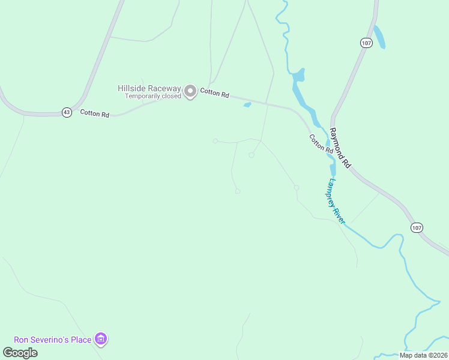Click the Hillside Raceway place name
pyautogui.click(x=149, y=88)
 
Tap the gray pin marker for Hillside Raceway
pyautogui.click(x=190, y=92)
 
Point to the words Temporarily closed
pyautogui.click(x=152, y=96)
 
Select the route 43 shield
pyautogui.click(x=66, y=112)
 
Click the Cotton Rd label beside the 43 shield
pyautogui.click(x=94, y=113)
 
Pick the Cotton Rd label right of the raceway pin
pyautogui.click(x=215, y=93)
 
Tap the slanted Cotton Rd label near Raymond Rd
pyautogui.click(x=321, y=146)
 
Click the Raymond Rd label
pyautogui.click(x=340, y=148)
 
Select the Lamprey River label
pyautogui.click(x=336, y=202)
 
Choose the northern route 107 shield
pyautogui.click(x=366, y=43)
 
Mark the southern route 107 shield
pyautogui.click(x=417, y=227)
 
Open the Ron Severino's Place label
pyautogui.click(x=53, y=340)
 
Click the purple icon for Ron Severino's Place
pyautogui.click(x=101, y=340)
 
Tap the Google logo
pyautogui.click(x=20, y=352)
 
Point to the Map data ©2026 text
pyautogui.click(x=424, y=355)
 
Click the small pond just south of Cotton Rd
pyautogui.click(x=247, y=105)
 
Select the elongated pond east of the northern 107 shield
pyautogui.click(x=379, y=37)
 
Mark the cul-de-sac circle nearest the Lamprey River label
pyautogui.click(x=297, y=188)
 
